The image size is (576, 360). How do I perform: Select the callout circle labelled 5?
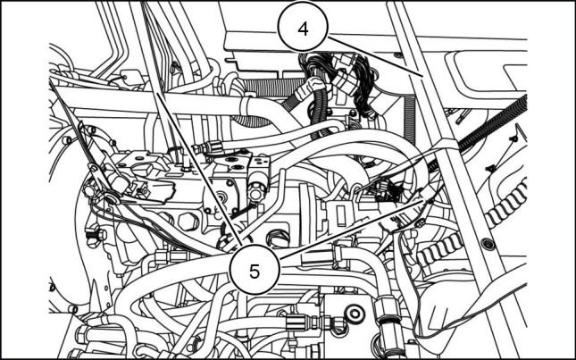(x=255, y=271)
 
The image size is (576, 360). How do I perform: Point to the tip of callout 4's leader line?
(x=422, y=76)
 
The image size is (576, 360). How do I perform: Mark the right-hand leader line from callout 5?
(x=352, y=229)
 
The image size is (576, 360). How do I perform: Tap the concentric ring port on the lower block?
(x=355, y=313)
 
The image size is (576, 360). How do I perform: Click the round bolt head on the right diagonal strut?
(x=488, y=243)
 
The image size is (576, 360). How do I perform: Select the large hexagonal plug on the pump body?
(x=188, y=222)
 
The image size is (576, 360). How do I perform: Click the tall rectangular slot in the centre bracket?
(x=341, y=215)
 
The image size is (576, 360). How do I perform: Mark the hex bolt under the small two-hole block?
(x=257, y=190)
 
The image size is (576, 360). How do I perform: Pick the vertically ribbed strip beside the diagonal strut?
(x=410, y=120)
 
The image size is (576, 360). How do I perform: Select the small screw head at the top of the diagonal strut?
(x=397, y=55)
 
